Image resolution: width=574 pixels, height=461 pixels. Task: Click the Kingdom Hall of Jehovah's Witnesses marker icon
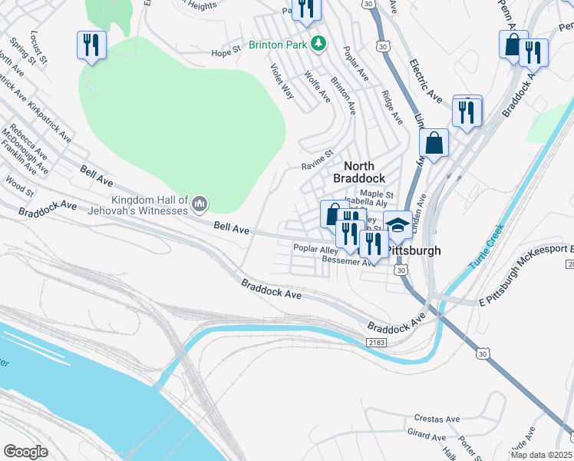click(x=200, y=203)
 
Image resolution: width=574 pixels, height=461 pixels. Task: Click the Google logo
click(x=26, y=451)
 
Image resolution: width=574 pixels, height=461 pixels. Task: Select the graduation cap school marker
click(x=397, y=224)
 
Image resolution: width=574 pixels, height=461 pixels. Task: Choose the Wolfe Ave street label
click(x=317, y=87)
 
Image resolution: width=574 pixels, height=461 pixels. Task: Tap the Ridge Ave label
click(x=391, y=107)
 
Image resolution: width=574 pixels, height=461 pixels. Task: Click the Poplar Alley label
click(x=315, y=250)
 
